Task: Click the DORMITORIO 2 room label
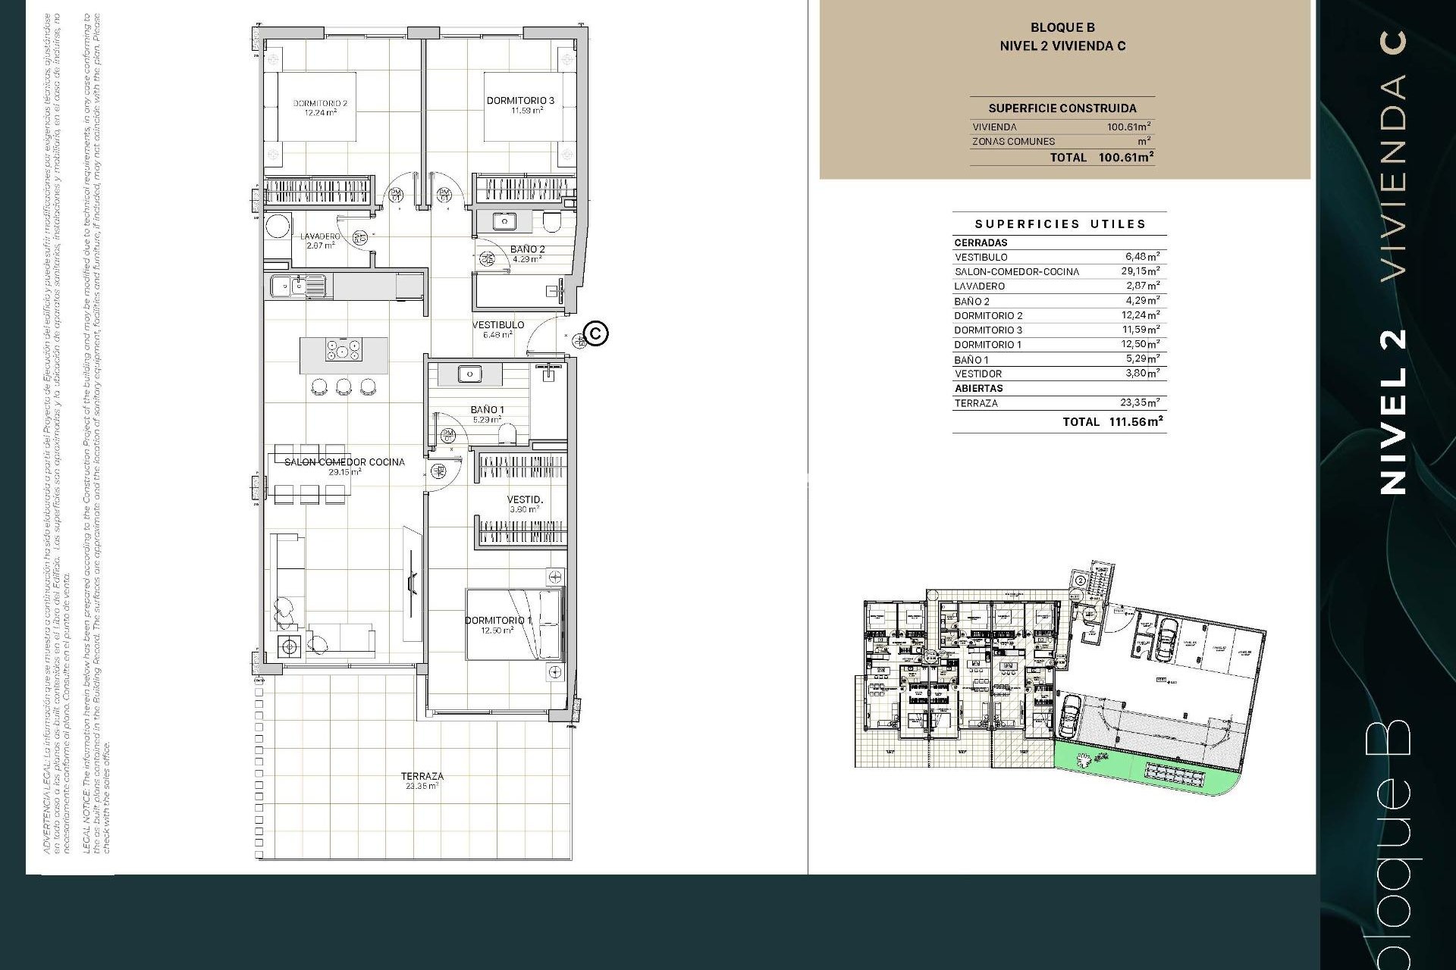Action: (320, 104)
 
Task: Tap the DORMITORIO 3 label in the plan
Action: (520, 101)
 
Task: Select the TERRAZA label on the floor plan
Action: (422, 776)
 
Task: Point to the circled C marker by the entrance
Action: (598, 333)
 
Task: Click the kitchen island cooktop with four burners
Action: (344, 351)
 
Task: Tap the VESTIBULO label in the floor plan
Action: (498, 325)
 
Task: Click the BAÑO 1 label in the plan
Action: (487, 410)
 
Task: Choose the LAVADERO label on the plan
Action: (320, 236)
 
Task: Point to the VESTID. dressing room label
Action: (525, 500)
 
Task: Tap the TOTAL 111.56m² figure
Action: (1135, 422)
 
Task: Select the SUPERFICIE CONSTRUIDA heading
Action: (1062, 108)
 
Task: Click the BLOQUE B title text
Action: (1062, 28)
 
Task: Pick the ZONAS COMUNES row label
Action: (1013, 142)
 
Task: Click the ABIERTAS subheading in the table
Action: (978, 388)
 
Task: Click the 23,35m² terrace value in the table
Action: (1140, 403)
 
